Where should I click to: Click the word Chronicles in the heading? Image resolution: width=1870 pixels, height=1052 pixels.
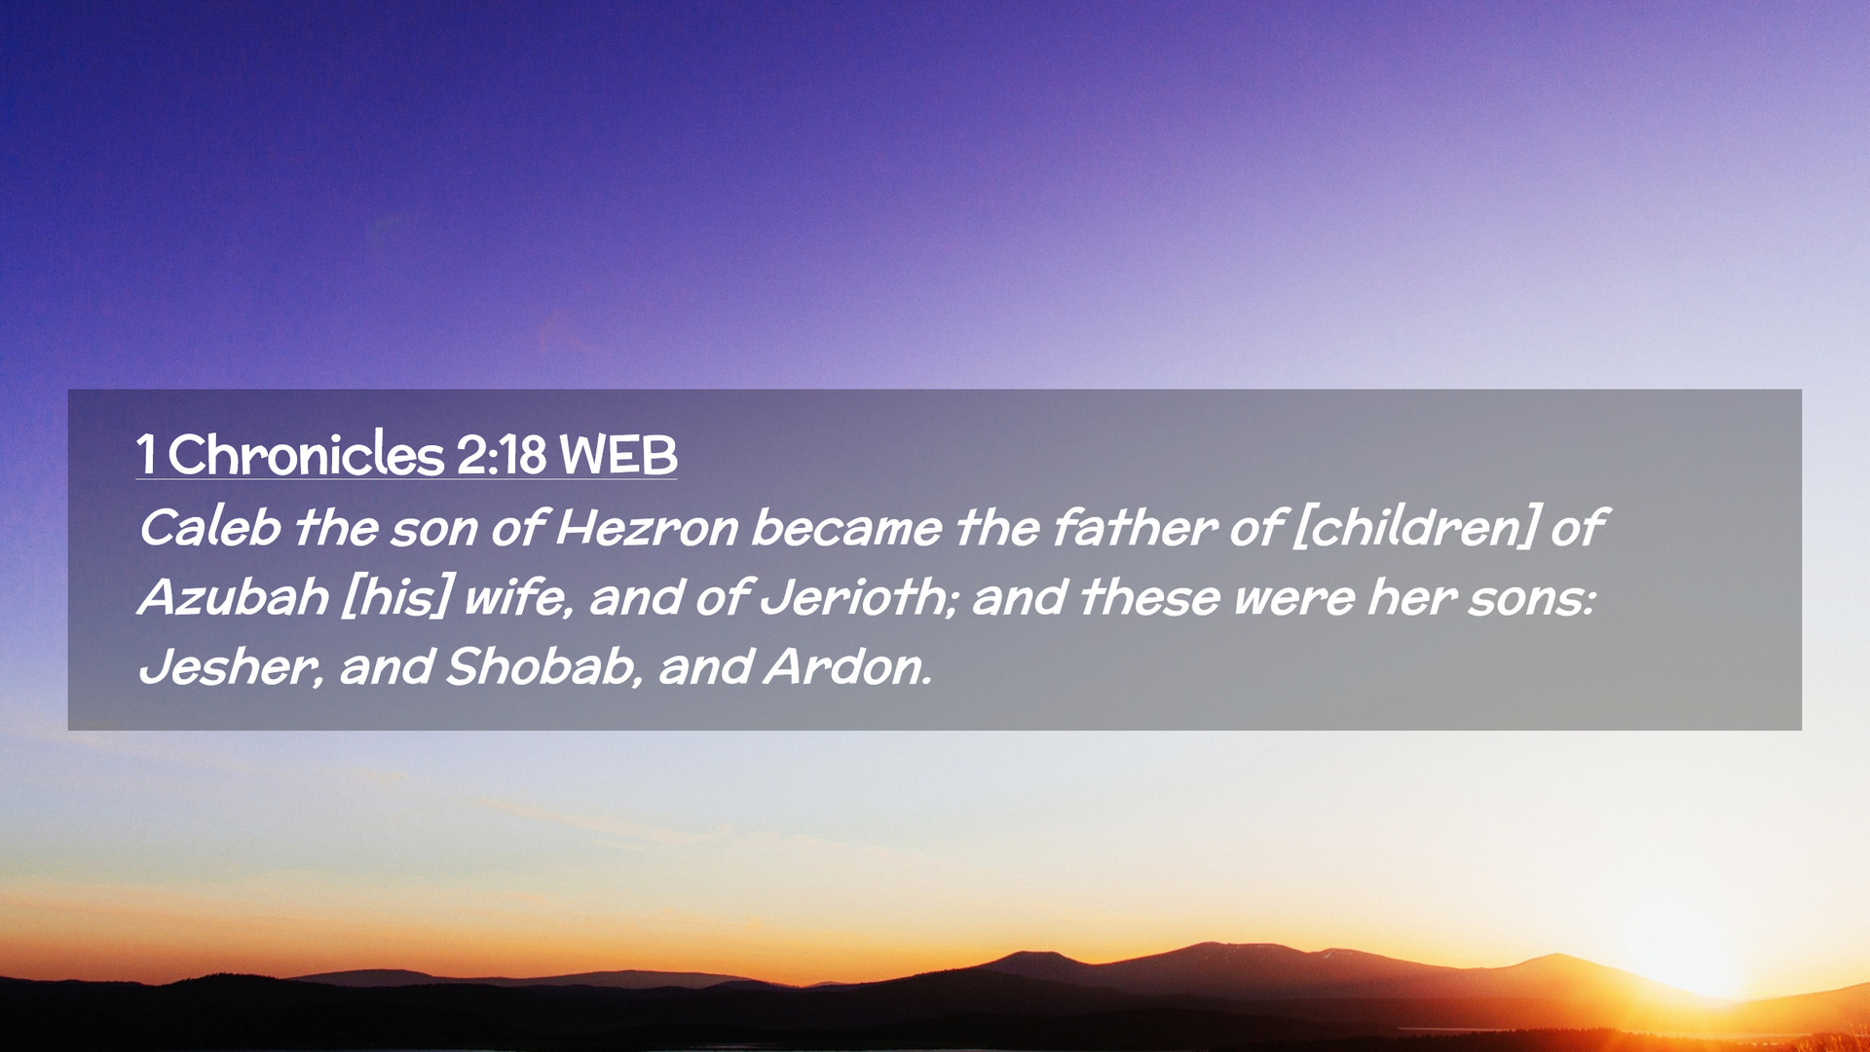[306, 454]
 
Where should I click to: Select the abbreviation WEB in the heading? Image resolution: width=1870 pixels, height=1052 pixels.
[618, 455]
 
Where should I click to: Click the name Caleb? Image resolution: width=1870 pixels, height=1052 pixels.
[210, 527]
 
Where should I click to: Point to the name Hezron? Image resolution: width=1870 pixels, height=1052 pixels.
[648, 528]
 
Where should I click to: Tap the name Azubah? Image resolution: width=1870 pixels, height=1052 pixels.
[234, 596]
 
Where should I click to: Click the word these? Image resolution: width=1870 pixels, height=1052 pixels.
[1149, 597]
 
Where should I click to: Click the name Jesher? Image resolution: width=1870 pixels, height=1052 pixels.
[230, 667]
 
